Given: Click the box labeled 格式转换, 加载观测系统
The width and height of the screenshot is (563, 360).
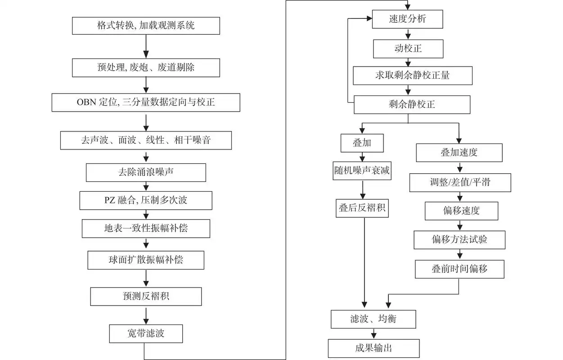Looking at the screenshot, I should tap(146, 26).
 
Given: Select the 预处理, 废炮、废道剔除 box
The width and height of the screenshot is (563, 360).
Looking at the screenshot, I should tap(146, 68).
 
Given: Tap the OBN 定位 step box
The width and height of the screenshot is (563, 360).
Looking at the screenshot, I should tap(146, 102).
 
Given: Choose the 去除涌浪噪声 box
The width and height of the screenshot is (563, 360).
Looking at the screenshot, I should tap(146, 172).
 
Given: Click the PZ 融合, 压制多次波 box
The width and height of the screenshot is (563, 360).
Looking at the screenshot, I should tap(146, 200).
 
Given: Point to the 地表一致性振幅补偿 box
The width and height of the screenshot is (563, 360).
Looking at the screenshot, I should tap(146, 228).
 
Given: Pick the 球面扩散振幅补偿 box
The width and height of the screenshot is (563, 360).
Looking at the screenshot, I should tap(146, 260).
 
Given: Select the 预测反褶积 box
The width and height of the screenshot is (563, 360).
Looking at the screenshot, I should tap(146, 297).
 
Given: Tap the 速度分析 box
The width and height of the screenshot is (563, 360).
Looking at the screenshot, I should tap(408, 19).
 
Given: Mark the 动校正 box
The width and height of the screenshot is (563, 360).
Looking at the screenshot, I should tap(408, 48).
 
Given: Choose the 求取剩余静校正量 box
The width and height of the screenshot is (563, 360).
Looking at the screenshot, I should tap(412, 76).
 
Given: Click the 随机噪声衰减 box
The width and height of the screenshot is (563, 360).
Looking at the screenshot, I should tap(362, 171).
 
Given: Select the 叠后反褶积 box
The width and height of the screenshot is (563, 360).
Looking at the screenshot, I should tap(362, 208).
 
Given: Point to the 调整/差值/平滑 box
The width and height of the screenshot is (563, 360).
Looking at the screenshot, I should tap(460, 183).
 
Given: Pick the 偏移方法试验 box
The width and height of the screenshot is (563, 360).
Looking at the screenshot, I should tap(459, 240).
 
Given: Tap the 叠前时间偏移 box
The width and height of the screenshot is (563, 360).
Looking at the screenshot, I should tap(459, 269).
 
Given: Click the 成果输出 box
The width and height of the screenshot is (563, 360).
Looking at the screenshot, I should tap(374, 348).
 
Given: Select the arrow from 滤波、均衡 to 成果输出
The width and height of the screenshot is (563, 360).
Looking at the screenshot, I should tap(374, 333).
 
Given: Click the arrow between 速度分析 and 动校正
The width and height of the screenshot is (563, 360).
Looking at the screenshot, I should tap(408, 34).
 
